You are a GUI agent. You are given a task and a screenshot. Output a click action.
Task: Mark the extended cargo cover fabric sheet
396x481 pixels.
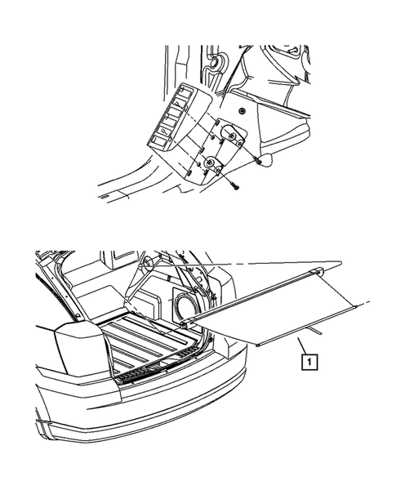click(x=302, y=314)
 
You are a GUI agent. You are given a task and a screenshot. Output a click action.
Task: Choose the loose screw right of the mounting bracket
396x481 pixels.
click(x=258, y=160)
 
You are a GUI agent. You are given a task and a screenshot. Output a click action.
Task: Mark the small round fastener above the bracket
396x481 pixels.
click(x=244, y=109)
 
